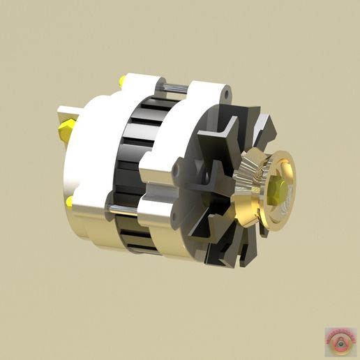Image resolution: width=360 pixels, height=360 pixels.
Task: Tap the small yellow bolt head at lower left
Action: (70, 202)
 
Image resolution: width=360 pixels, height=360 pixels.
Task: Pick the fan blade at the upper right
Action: (261, 126)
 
